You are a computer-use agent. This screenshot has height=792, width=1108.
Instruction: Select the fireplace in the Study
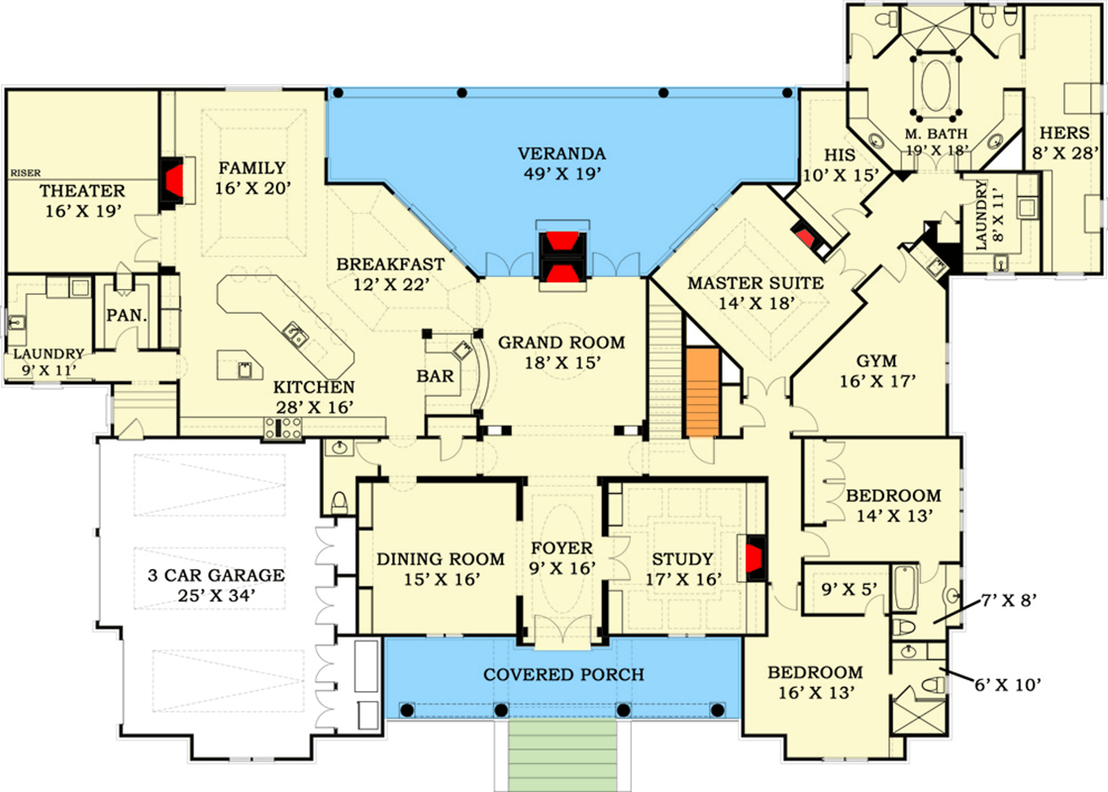[x=754, y=556]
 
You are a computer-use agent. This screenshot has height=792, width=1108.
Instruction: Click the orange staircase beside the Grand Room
[x=700, y=390]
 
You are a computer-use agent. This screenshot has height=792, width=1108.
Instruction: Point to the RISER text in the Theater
[x=25, y=172]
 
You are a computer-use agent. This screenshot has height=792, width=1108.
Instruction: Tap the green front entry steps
[x=563, y=757]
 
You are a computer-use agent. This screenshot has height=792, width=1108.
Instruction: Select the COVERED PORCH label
[x=563, y=675]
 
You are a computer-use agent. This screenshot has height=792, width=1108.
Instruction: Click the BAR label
[x=436, y=377]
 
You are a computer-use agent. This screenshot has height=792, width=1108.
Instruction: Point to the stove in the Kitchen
[x=284, y=429]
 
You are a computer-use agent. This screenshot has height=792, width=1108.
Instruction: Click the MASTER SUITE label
[x=755, y=283]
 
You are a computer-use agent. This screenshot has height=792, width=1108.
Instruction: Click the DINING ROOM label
[x=441, y=559]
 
